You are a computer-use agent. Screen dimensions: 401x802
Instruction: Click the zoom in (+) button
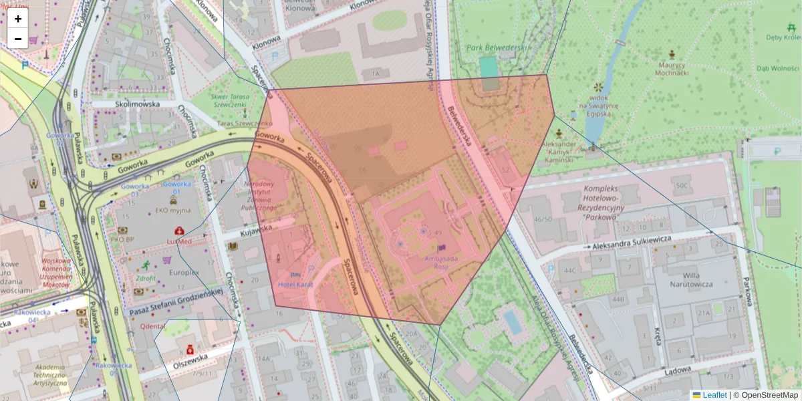[18, 19]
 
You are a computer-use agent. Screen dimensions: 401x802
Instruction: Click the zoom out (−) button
[18, 39]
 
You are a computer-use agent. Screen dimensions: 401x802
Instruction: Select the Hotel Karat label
[295, 285]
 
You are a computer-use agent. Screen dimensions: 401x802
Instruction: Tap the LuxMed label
[179, 241]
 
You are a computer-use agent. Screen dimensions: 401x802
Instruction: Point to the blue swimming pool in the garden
[513, 322]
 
